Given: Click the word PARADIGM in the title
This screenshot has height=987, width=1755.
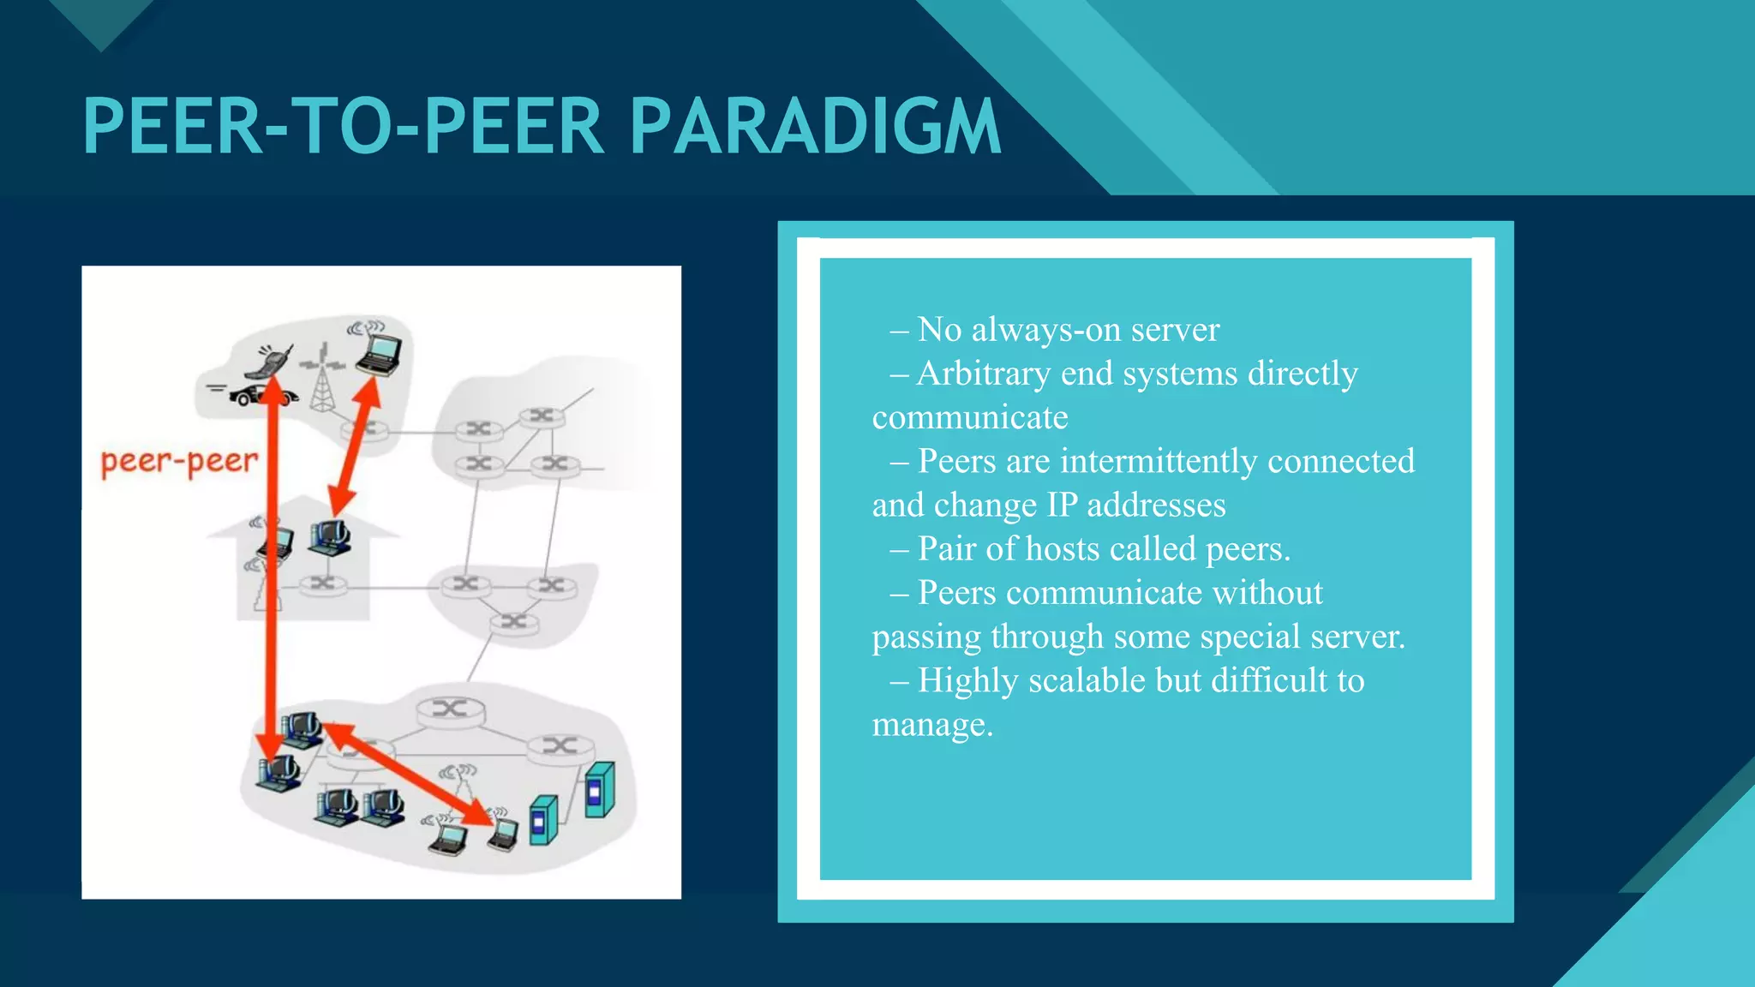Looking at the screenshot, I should click(x=815, y=127).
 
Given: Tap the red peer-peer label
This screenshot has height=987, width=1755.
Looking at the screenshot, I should click(x=178, y=462).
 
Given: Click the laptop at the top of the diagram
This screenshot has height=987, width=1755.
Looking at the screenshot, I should click(x=378, y=352).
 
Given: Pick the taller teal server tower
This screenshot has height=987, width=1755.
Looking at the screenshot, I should click(x=599, y=789).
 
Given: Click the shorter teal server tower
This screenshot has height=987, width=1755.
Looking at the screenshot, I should click(x=542, y=820).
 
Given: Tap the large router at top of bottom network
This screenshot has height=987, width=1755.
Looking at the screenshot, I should click(x=450, y=709).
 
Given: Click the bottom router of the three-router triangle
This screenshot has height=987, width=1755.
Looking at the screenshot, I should click(x=514, y=621).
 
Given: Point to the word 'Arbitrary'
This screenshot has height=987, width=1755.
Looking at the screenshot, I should click(x=982, y=374).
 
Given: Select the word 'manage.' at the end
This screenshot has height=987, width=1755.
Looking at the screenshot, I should click(x=932, y=725).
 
